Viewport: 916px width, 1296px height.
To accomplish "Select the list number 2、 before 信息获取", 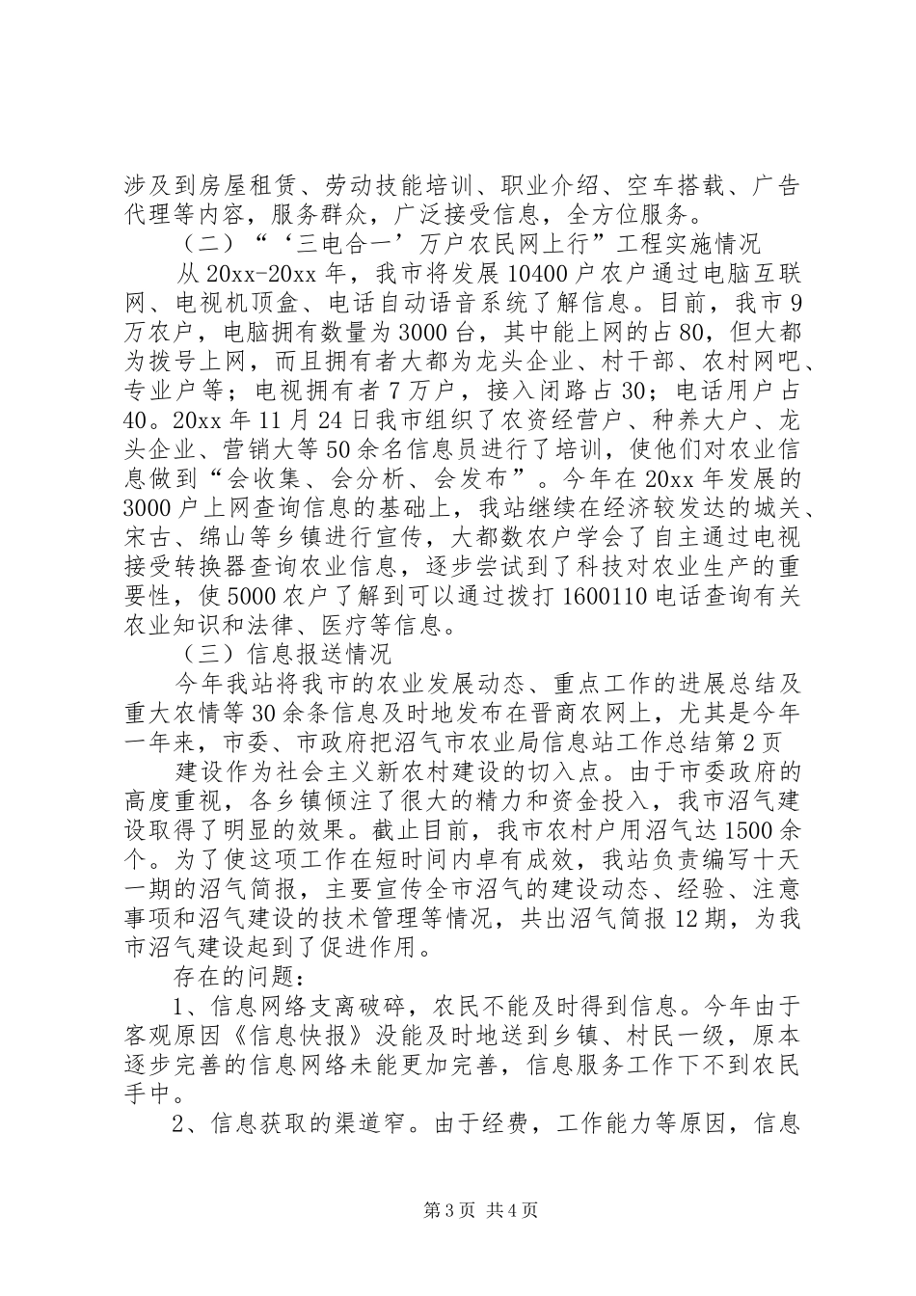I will pyautogui.click(x=189, y=1124).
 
